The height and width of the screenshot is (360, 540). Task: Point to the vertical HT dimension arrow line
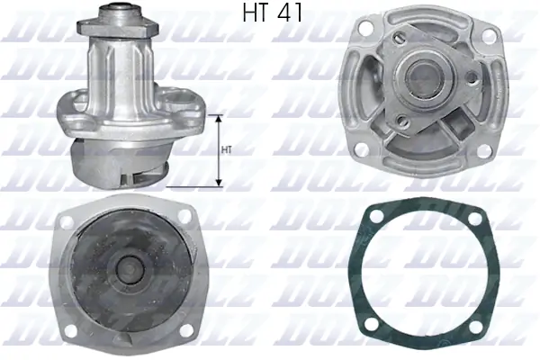(218, 151)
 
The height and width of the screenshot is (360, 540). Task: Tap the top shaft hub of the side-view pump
(119, 15)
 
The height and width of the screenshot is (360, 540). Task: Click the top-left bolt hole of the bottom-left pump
(67, 220)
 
